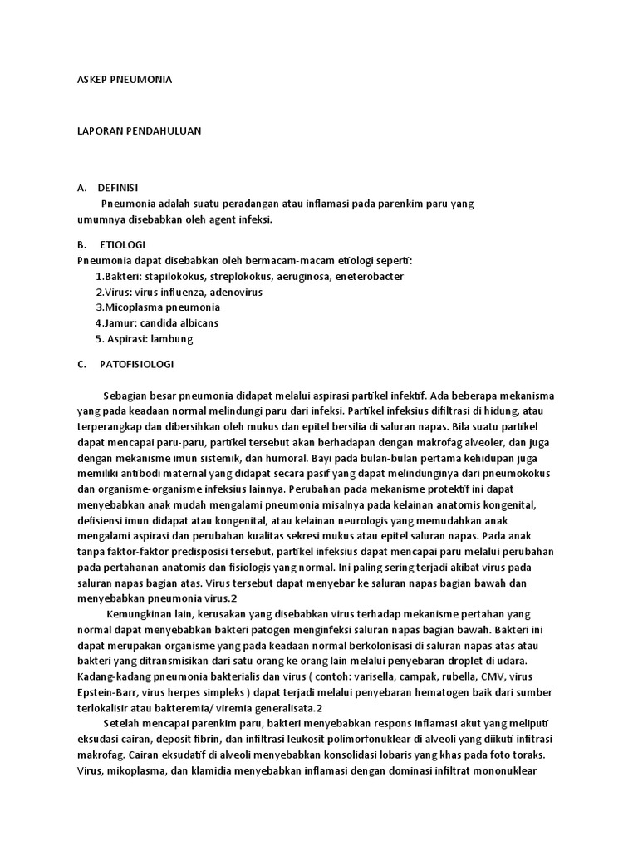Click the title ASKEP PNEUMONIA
pyautogui.click(x=124, y=80)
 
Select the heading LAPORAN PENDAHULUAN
pyautogui.click(x=134, y=131)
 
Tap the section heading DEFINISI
pyautogui.click(x=118, y=188)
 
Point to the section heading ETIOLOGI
pyautogui.click(x=123, y=245)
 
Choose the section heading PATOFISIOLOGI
pyautogui.click(x=136, y=364)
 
